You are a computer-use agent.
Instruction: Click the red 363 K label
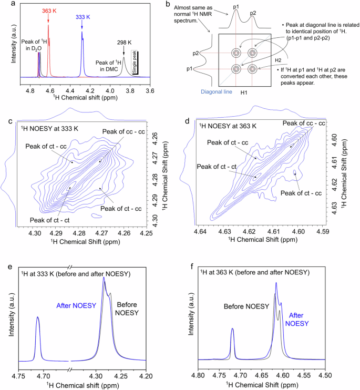pos(48,11)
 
